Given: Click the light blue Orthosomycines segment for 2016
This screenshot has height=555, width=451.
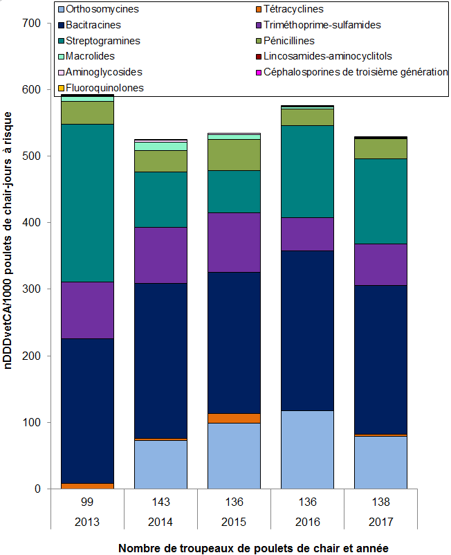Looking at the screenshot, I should point(306,450).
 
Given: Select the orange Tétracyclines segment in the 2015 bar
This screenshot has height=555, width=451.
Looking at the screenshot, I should point(233,418).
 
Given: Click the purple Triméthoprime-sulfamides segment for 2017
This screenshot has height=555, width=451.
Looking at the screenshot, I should point(379,264).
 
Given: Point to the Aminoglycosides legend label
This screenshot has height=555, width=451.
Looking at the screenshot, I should point(104,72).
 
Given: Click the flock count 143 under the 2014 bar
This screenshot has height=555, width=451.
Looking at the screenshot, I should point(160,501).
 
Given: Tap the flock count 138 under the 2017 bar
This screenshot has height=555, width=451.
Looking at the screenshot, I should point(379,501).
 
